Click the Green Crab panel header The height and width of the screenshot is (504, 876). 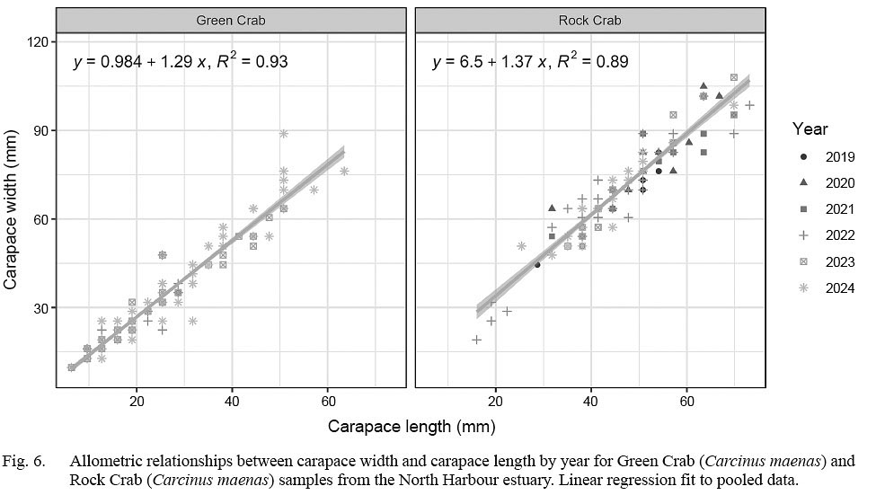tap(230, 20)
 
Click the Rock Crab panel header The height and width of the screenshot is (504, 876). tap(589, 20)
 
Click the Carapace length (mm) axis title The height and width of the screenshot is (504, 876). tap(411, 425)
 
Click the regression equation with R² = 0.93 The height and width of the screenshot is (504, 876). tap(180, 62)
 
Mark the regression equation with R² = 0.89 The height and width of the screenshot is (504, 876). tap(530, 62)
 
